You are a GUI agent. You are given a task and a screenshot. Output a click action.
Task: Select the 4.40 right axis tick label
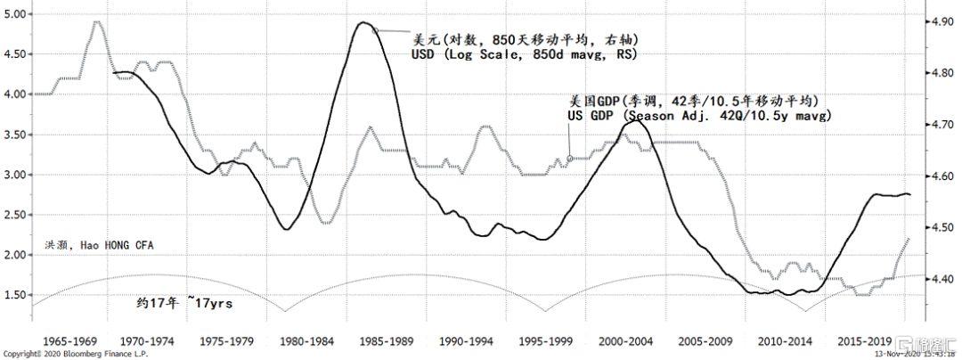(x=942, y=279)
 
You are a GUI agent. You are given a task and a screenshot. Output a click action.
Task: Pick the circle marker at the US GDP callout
(x=570, y=160)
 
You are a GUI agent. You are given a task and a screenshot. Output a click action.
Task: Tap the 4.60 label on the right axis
(x=942, y=176)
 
